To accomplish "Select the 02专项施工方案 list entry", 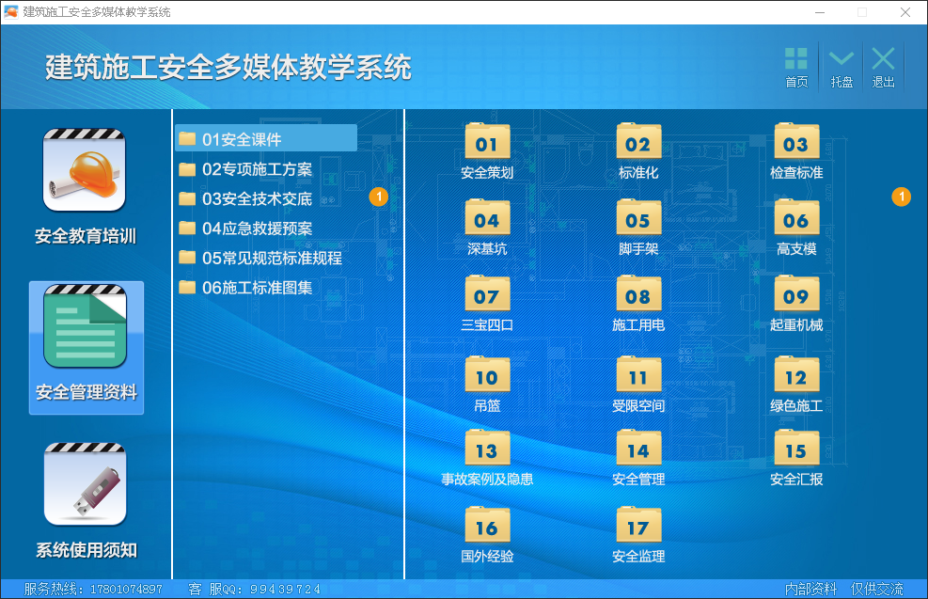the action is point(245,169).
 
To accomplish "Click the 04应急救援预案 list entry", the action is point(245,229).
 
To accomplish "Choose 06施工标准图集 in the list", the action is point(245,288).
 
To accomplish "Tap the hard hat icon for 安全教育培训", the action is point(84,170).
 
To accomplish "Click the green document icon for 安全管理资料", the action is point(85,326).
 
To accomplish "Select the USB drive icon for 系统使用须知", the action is point(85,484).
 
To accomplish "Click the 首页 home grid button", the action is point(796,68).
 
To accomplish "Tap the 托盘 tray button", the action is point(841,68).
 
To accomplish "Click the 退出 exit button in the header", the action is point(883,68).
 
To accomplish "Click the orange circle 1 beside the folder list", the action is point(379,197).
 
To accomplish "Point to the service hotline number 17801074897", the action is point(126,589).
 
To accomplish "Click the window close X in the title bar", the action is point(904,12).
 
